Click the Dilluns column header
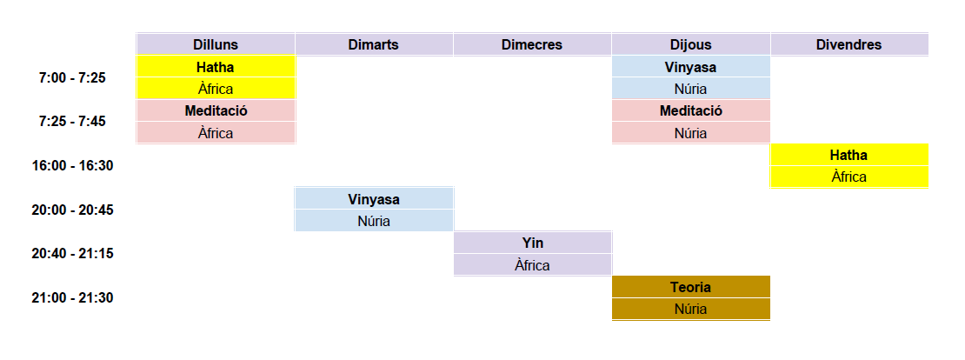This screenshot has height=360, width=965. [x=216, y=44]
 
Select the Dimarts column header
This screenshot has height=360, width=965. [x=374, y=44]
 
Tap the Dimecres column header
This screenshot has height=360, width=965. [x=532, y=44]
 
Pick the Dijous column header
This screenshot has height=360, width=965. [x=691, y=44]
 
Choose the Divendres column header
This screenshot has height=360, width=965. [x=849, y=44]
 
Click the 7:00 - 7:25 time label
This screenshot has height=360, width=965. [x=72, y=77]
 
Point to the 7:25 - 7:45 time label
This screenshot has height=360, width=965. [x=72, y=121]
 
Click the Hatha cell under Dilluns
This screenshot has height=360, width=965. [x=216, y=66]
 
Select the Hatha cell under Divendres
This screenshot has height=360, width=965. [x=849, y=155]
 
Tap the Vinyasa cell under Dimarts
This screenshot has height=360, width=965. [x=374, y=199]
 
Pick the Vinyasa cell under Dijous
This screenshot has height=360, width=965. [x=691, y=66]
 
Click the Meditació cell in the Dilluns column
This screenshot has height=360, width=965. [x=216, y=110]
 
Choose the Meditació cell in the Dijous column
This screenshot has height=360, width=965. [x=691, y=110]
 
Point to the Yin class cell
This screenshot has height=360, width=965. [x=532, y=243]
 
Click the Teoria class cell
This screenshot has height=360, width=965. [x=691, y=287]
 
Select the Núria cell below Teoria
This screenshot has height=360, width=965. [x=691, y=309]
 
